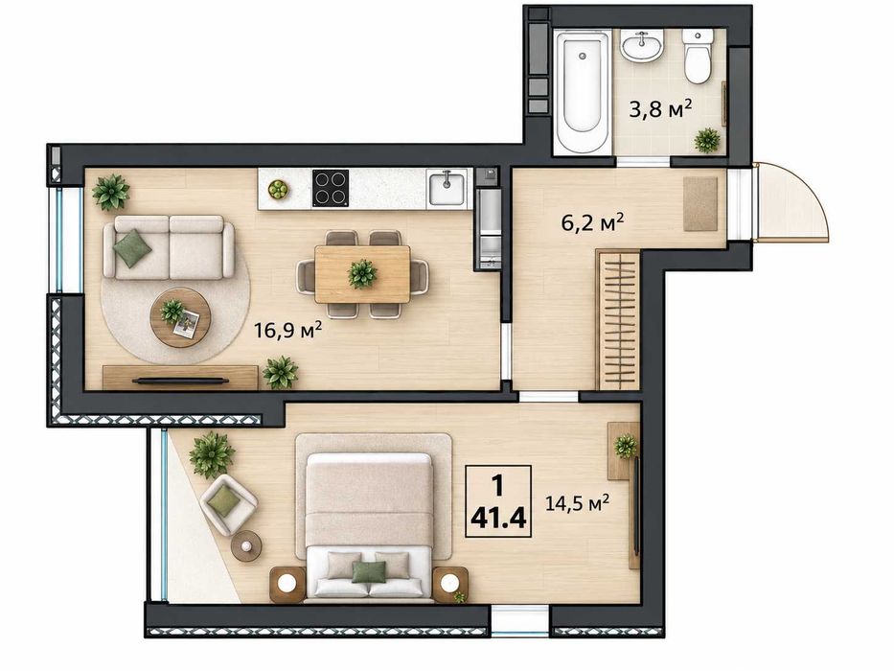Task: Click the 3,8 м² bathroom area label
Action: coord(660,108)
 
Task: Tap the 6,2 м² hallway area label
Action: coord(592,222)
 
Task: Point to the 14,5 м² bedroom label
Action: coord(577,502)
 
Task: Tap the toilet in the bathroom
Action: coord(698,56)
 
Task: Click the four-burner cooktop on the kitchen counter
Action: coord(331,188)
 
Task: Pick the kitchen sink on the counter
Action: coord(447,188)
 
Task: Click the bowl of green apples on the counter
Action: coord(278,190)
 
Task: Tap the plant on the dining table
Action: coord(361,273)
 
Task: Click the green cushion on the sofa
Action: coord(132,248)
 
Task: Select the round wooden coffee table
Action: coord(180,317)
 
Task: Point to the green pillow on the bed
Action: coord(368,571)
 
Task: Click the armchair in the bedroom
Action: coord(227,504)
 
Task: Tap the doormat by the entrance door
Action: coord(700,204)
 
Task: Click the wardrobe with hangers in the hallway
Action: coord(617,319)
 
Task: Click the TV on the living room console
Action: coord(180,380)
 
